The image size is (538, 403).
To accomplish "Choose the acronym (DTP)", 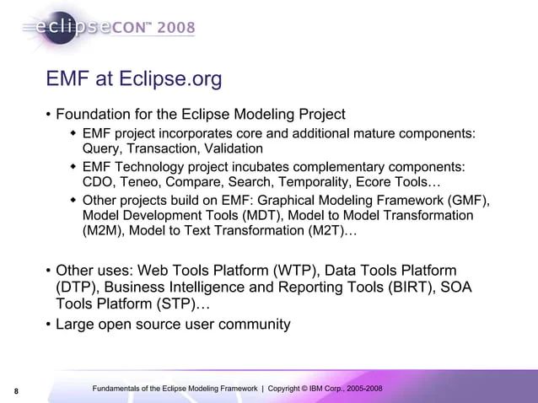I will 74,287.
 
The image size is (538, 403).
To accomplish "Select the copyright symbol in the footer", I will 308,388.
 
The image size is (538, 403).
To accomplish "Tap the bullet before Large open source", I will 48,324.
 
